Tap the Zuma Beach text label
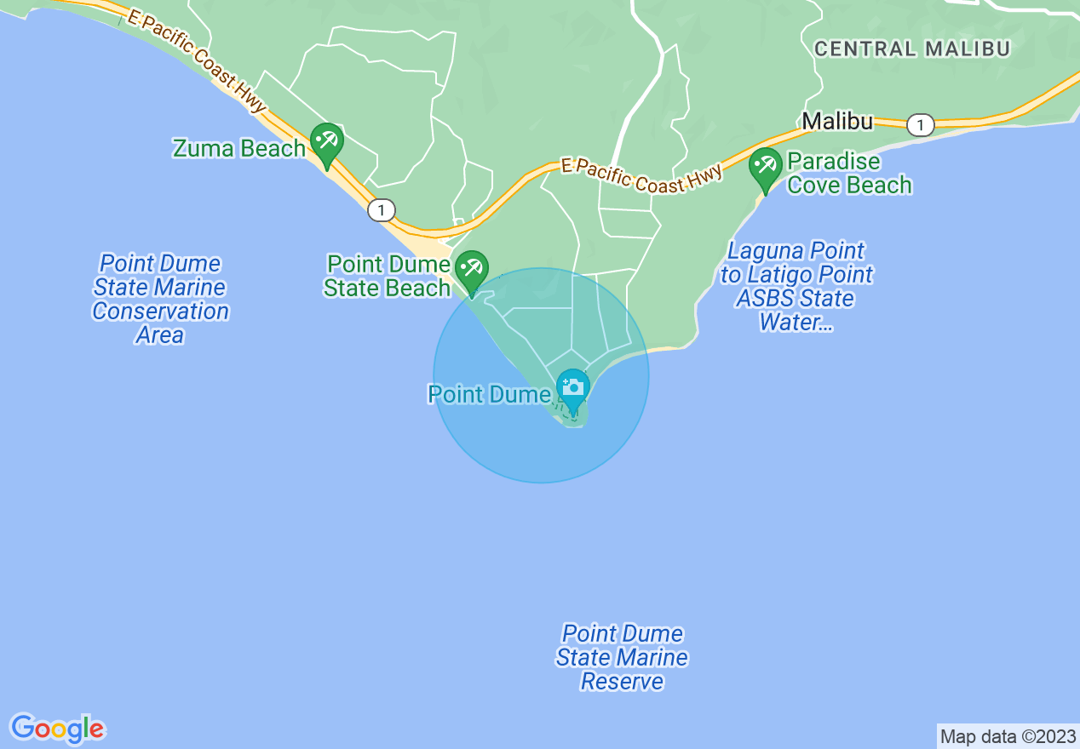pos(238,149)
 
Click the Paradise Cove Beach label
pos(848,173)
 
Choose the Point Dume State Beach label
pos(388,277)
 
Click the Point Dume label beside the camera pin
pos(489,395)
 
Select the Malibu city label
pos(837,122)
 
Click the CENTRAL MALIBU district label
pos(911,49)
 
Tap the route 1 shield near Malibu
pos(919,125)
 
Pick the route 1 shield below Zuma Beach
pos(382,209)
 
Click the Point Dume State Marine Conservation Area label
pos(160,299)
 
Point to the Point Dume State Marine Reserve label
pos(622,657)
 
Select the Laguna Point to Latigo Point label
pos(796,286)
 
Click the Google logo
pos(58,729)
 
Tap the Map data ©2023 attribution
pos(1008,736)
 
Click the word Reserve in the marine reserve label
pos(622,682)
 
